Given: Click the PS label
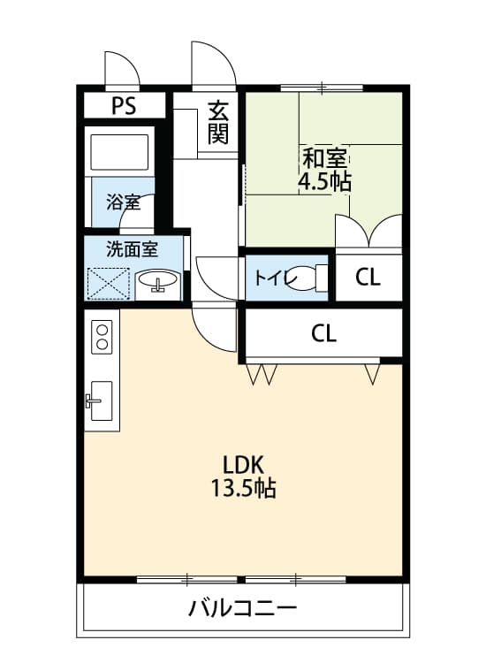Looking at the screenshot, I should [x=125, y=107].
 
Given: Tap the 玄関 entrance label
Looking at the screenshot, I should [x=218, y=124].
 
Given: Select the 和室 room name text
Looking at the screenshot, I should [x=324, y=160].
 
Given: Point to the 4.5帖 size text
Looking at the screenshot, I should [x=324, y=183].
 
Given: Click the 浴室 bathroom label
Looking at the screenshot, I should [x=122, y=202].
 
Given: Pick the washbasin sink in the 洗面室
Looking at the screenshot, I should [x=158, y=282].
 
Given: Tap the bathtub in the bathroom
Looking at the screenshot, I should [x=120, y=152].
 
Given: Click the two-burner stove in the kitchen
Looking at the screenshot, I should [x=103, y=337].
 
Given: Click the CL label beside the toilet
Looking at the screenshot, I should [x=368, y=278].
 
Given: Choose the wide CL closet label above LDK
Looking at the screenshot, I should [x=323, y=333].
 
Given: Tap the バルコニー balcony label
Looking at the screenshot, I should [x=242, y=609].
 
